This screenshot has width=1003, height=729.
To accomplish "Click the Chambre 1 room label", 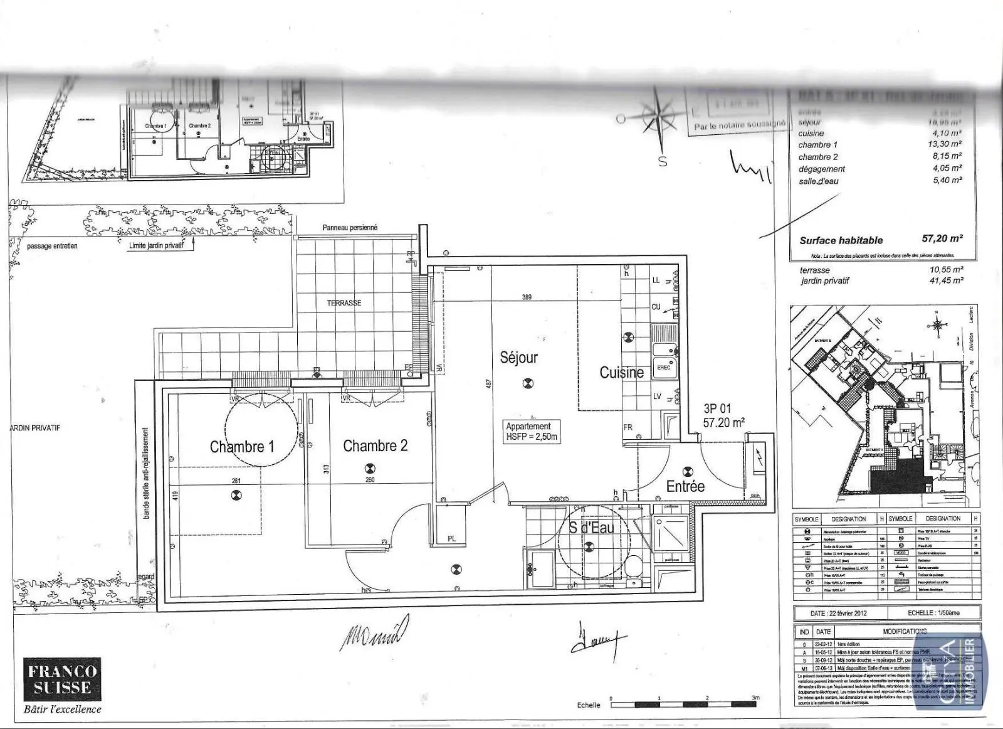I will click(242, 447).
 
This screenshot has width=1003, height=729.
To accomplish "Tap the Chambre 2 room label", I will click(375, 445).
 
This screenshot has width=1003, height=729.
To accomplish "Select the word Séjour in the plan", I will click(518, 358).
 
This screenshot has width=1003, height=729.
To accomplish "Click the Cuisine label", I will click(621, 373).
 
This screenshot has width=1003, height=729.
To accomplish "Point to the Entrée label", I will click(685, 486).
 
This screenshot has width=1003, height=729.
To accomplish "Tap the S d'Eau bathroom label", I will click(591, 528).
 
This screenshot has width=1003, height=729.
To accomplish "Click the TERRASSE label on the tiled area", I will click(344, 303).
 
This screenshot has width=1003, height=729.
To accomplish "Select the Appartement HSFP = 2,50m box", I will click(531, 432).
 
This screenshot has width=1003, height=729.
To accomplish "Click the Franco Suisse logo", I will click(62, 679).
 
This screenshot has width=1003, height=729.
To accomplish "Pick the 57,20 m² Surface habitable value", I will click(942, 238).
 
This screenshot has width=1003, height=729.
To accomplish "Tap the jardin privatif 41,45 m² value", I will click(946, 281).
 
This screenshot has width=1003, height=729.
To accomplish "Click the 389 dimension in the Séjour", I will click(527, 297).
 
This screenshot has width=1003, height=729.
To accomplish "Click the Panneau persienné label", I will click(350, 228).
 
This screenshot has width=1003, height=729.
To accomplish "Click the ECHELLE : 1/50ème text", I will click(933, 613).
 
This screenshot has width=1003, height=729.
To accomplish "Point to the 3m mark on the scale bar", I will click(755, 698).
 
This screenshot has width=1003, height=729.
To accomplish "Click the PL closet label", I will click(451, 539).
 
